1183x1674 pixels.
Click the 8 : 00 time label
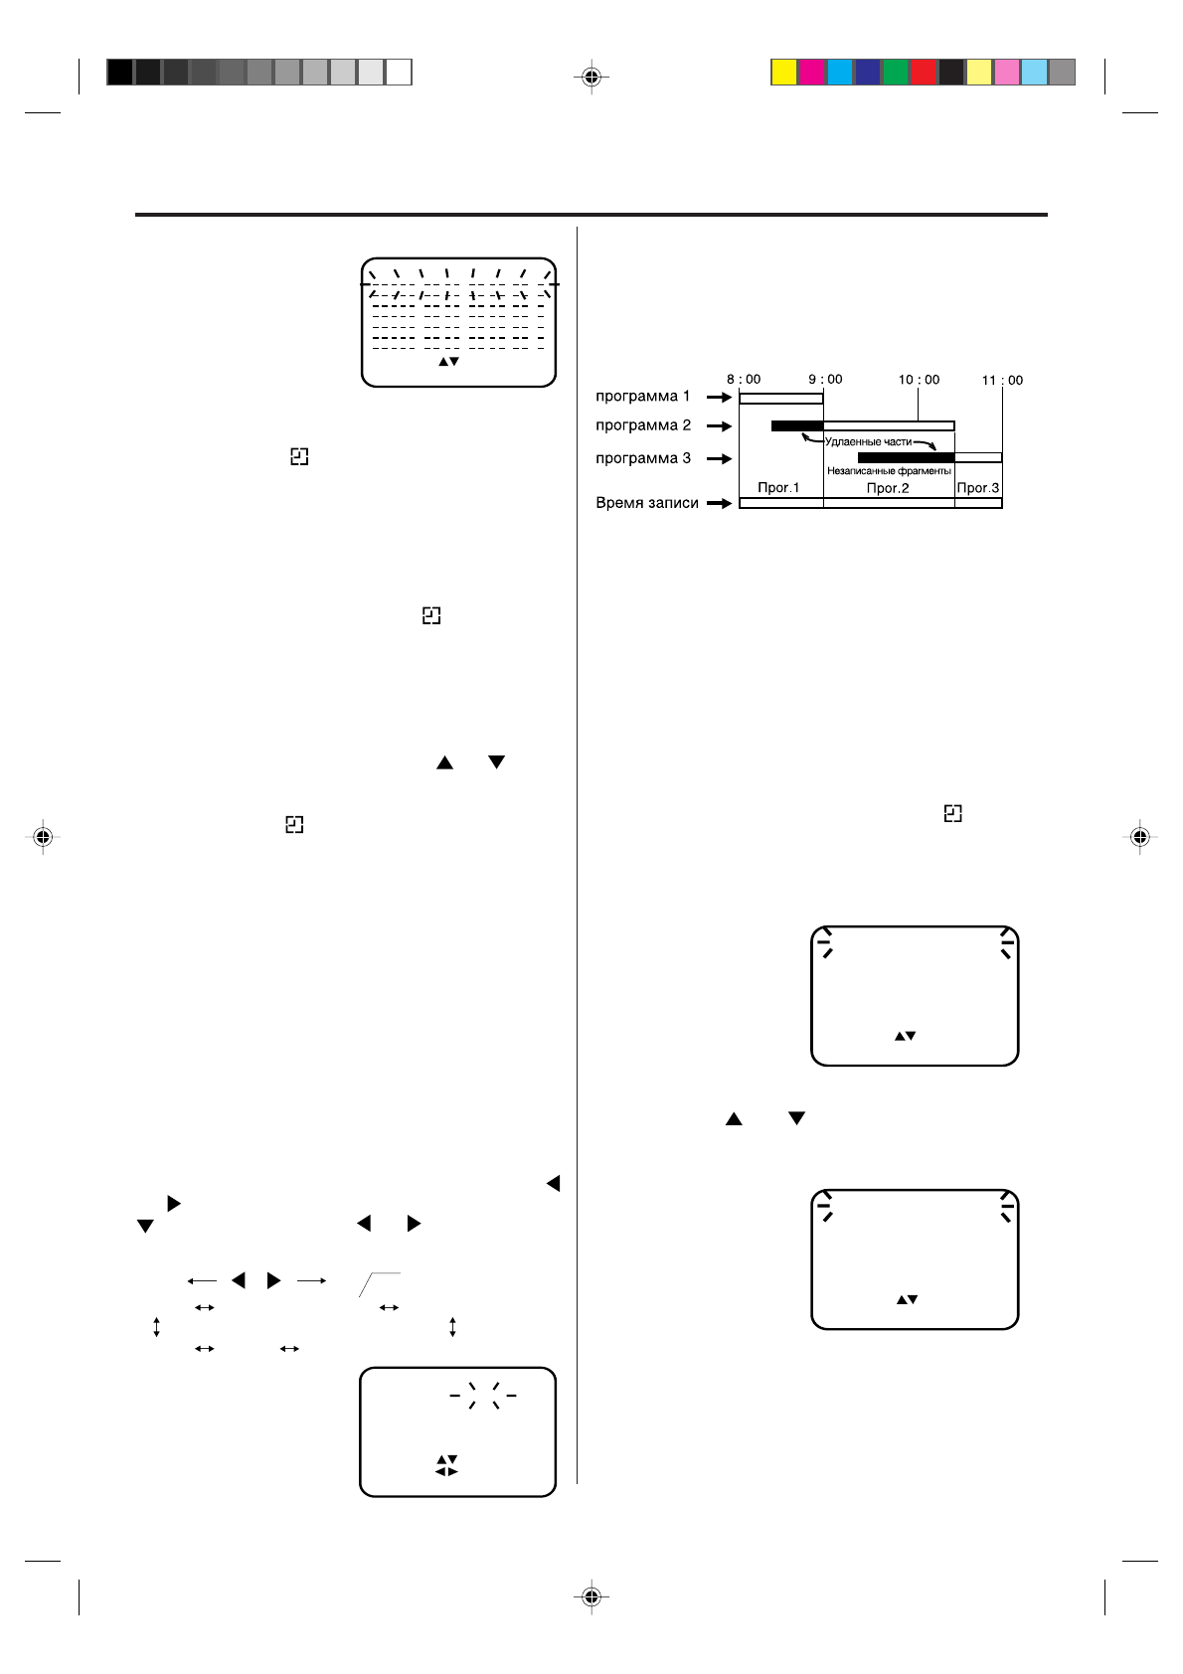click(x=744, y=379)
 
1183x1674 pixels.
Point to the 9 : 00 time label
click(x=825, y=379)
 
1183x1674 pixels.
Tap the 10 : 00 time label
click(x=919, y=380)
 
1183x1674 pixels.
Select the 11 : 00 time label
click(x=1002, y=380)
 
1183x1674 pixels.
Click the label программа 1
click(x=642, y=396)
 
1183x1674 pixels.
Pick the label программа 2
click(x=642, y=425)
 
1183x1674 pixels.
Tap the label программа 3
click(x=642, y=458)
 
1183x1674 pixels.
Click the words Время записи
click(x=646, y=503)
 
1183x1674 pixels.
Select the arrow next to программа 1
click(x=720, y=397)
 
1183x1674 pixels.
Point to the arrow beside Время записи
click(x=720, y=503)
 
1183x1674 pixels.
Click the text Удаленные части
click(x=868, y=441)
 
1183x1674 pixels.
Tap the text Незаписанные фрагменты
click(x=889, y=471)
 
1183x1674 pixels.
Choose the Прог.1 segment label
click(x=778, y=488)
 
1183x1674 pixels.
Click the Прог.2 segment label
click(x=888, y=488)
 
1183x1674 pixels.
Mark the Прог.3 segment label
click(x=978, y=488)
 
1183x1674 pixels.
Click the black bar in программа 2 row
click(x=797, y=425)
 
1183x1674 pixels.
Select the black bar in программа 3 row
click(x=906, y=457)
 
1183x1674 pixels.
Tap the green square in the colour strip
click(x=896, y=73)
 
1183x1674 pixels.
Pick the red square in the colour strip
click(x=924, y=73)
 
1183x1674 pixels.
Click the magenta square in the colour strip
click(x=812, y=73)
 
